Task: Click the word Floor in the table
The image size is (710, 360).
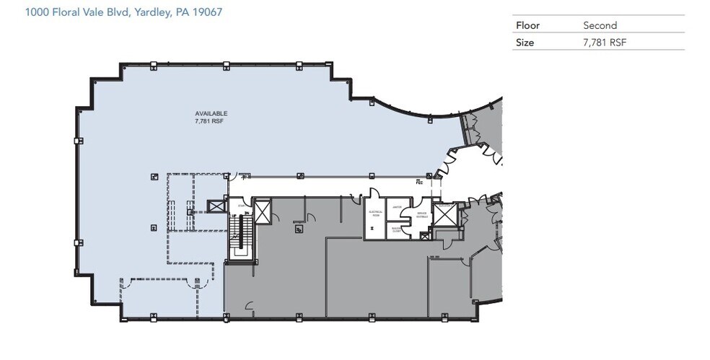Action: [527, 25]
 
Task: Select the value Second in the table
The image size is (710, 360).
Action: [599, 25]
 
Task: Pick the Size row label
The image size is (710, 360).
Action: [525, 43]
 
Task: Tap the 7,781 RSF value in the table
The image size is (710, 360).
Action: [605, 43]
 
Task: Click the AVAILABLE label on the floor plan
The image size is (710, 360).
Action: [211, 113]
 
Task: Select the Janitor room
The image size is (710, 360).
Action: [397, 206]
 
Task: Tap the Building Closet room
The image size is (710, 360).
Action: [396, 229]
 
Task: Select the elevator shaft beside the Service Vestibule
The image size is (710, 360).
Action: [442, 214]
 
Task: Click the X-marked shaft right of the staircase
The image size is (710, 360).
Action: [262, 212]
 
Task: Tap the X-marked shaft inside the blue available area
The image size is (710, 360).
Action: [216, 206]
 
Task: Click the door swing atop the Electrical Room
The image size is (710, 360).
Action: [374, 193]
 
